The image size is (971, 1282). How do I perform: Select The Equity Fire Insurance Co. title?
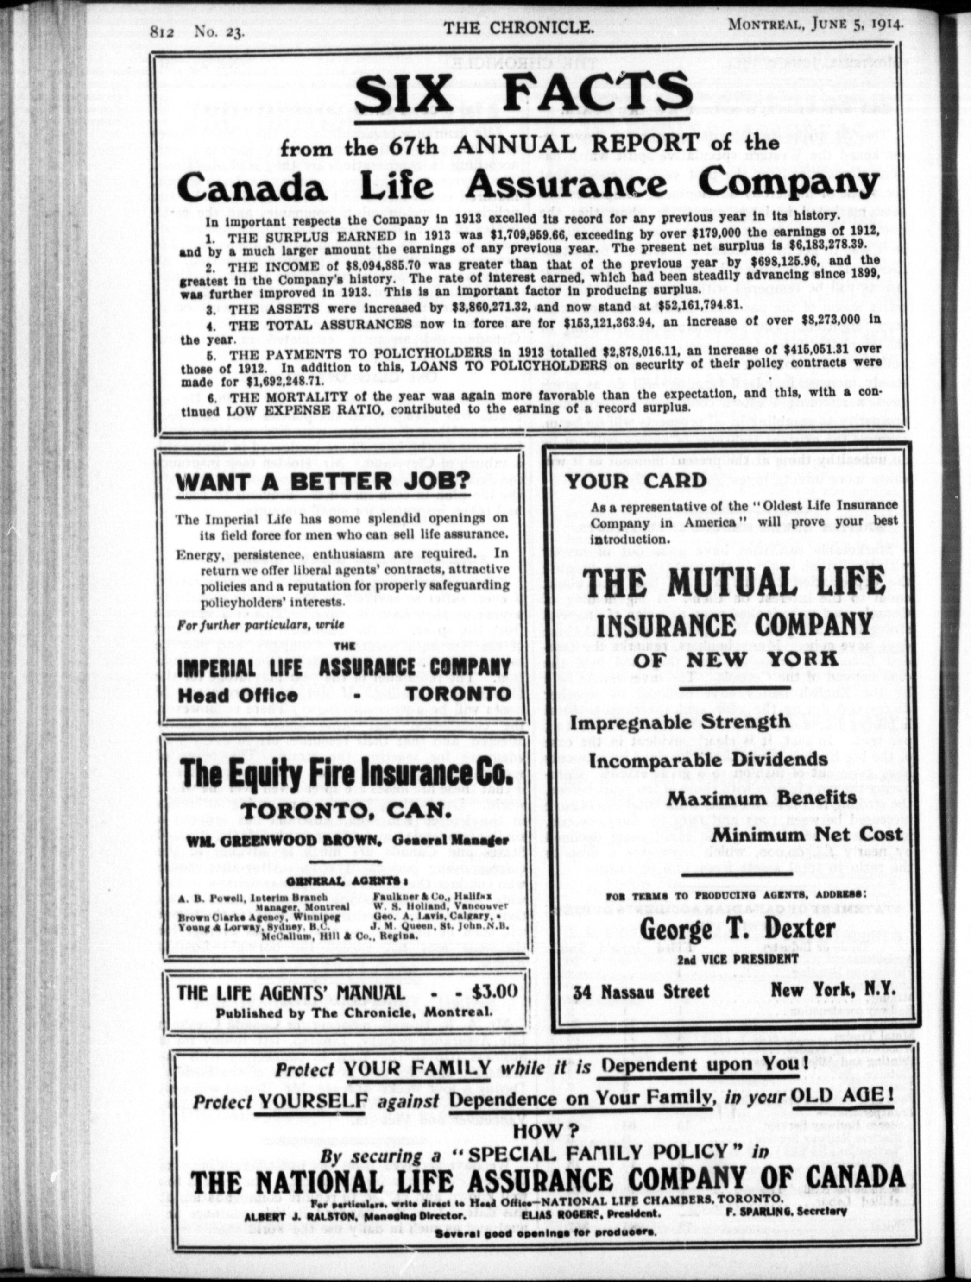click(x=347, y=774)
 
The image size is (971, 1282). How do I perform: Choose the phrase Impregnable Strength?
click(x=680, y=722)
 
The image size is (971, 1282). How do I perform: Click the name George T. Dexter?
click(x=738, y=929)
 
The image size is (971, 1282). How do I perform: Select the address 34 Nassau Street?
click(x=641, y=992)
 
